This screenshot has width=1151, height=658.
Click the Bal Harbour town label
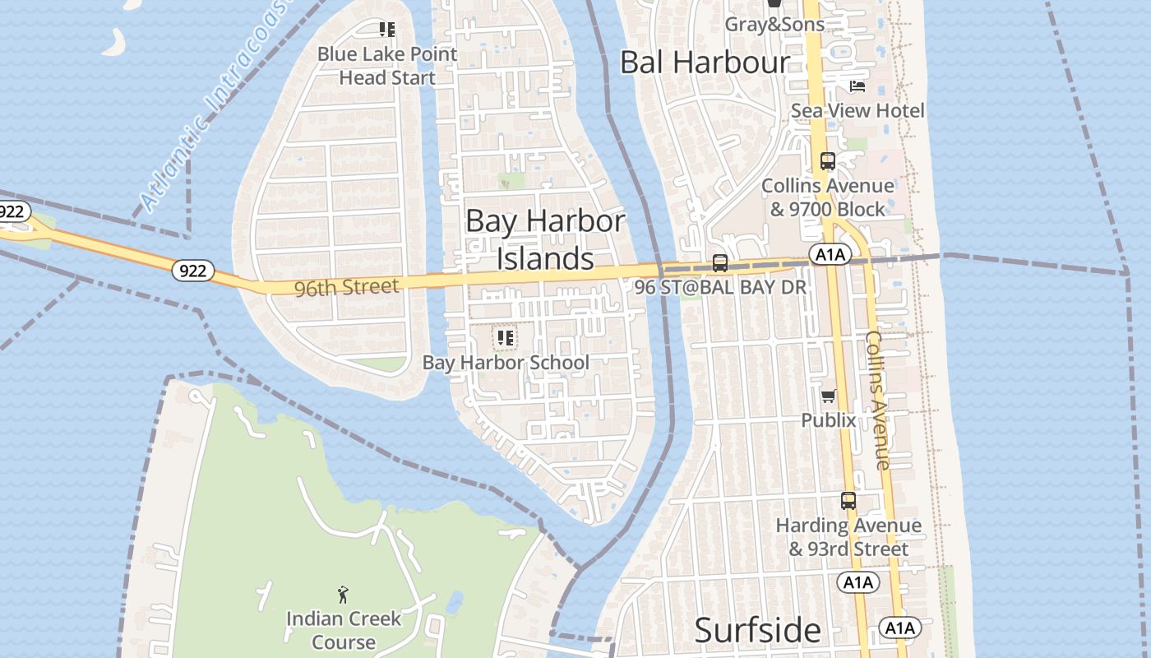705,63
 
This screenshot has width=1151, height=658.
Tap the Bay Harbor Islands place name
545,239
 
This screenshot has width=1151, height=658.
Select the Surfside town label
757,630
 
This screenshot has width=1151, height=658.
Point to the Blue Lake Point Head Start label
387,66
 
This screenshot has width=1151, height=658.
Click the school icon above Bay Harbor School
505,337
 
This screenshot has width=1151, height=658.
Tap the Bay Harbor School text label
506,363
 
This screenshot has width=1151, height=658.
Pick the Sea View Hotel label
857,110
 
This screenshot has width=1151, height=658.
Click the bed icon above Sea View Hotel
857,86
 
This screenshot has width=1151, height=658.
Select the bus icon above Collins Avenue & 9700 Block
827,161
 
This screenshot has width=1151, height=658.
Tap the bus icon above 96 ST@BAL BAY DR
719,263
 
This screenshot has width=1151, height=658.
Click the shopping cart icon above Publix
829,396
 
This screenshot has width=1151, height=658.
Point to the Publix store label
829,420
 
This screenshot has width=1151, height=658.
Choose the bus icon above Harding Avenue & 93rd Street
848,500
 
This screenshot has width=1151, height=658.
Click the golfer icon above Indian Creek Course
343,594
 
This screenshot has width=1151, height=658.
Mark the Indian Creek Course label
344,630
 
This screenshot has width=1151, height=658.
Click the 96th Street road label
346,287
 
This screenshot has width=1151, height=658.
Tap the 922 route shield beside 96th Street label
193,270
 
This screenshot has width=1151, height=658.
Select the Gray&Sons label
774,25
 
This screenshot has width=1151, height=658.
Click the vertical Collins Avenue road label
878,400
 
